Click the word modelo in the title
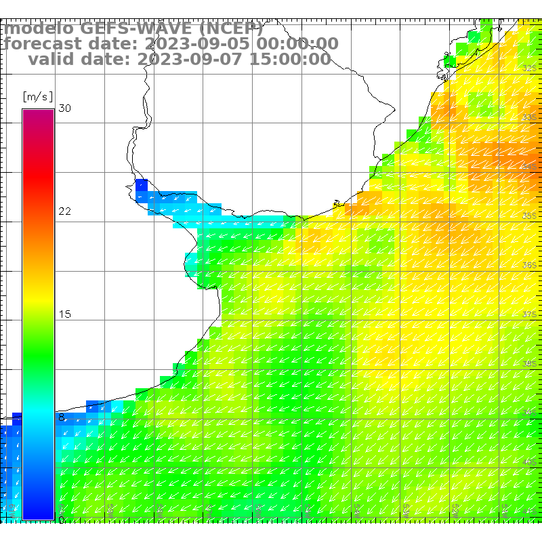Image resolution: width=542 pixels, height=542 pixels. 39,28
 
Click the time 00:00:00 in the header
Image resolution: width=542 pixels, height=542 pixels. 300,44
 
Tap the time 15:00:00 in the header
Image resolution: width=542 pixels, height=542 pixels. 292,59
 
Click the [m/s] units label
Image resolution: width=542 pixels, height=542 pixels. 37,96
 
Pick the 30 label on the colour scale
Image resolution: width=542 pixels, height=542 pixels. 64,108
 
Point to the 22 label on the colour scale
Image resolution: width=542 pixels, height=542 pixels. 64,211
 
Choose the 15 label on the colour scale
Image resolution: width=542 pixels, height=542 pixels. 64,314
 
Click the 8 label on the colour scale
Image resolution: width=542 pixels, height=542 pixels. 62,417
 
